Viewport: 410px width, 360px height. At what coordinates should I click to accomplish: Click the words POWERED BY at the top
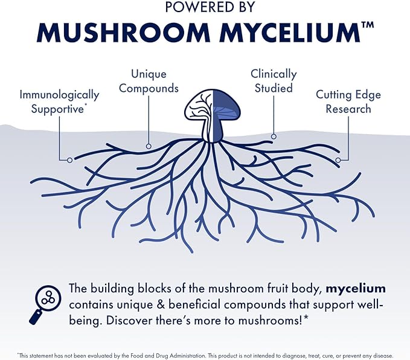point(205,8)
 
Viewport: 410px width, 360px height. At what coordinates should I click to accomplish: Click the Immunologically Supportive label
point(59,102)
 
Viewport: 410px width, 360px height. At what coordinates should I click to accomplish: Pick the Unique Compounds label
point(149,82)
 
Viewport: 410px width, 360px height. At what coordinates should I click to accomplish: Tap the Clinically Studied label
point(274,81)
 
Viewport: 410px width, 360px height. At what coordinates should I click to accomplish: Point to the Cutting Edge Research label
point(348,102)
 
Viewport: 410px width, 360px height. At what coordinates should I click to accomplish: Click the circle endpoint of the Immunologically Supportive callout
point(70,159)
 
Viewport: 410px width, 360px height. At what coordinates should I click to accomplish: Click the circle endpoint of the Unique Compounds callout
point(148,146)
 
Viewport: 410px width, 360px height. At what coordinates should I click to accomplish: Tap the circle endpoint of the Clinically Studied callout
point(274,137)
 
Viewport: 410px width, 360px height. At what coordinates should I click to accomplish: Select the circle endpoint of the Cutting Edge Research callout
point(339,160)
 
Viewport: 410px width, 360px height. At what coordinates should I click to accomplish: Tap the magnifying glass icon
point(43,304)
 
